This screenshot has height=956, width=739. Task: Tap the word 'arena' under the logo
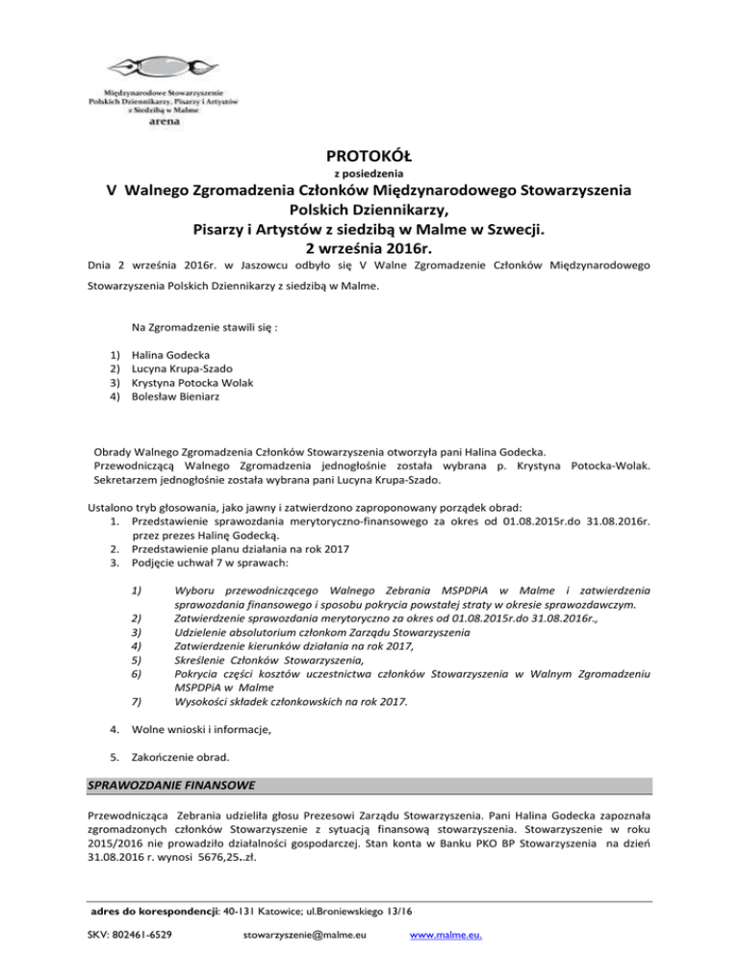point(163,123)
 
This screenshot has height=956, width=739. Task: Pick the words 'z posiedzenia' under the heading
point(369,174)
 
